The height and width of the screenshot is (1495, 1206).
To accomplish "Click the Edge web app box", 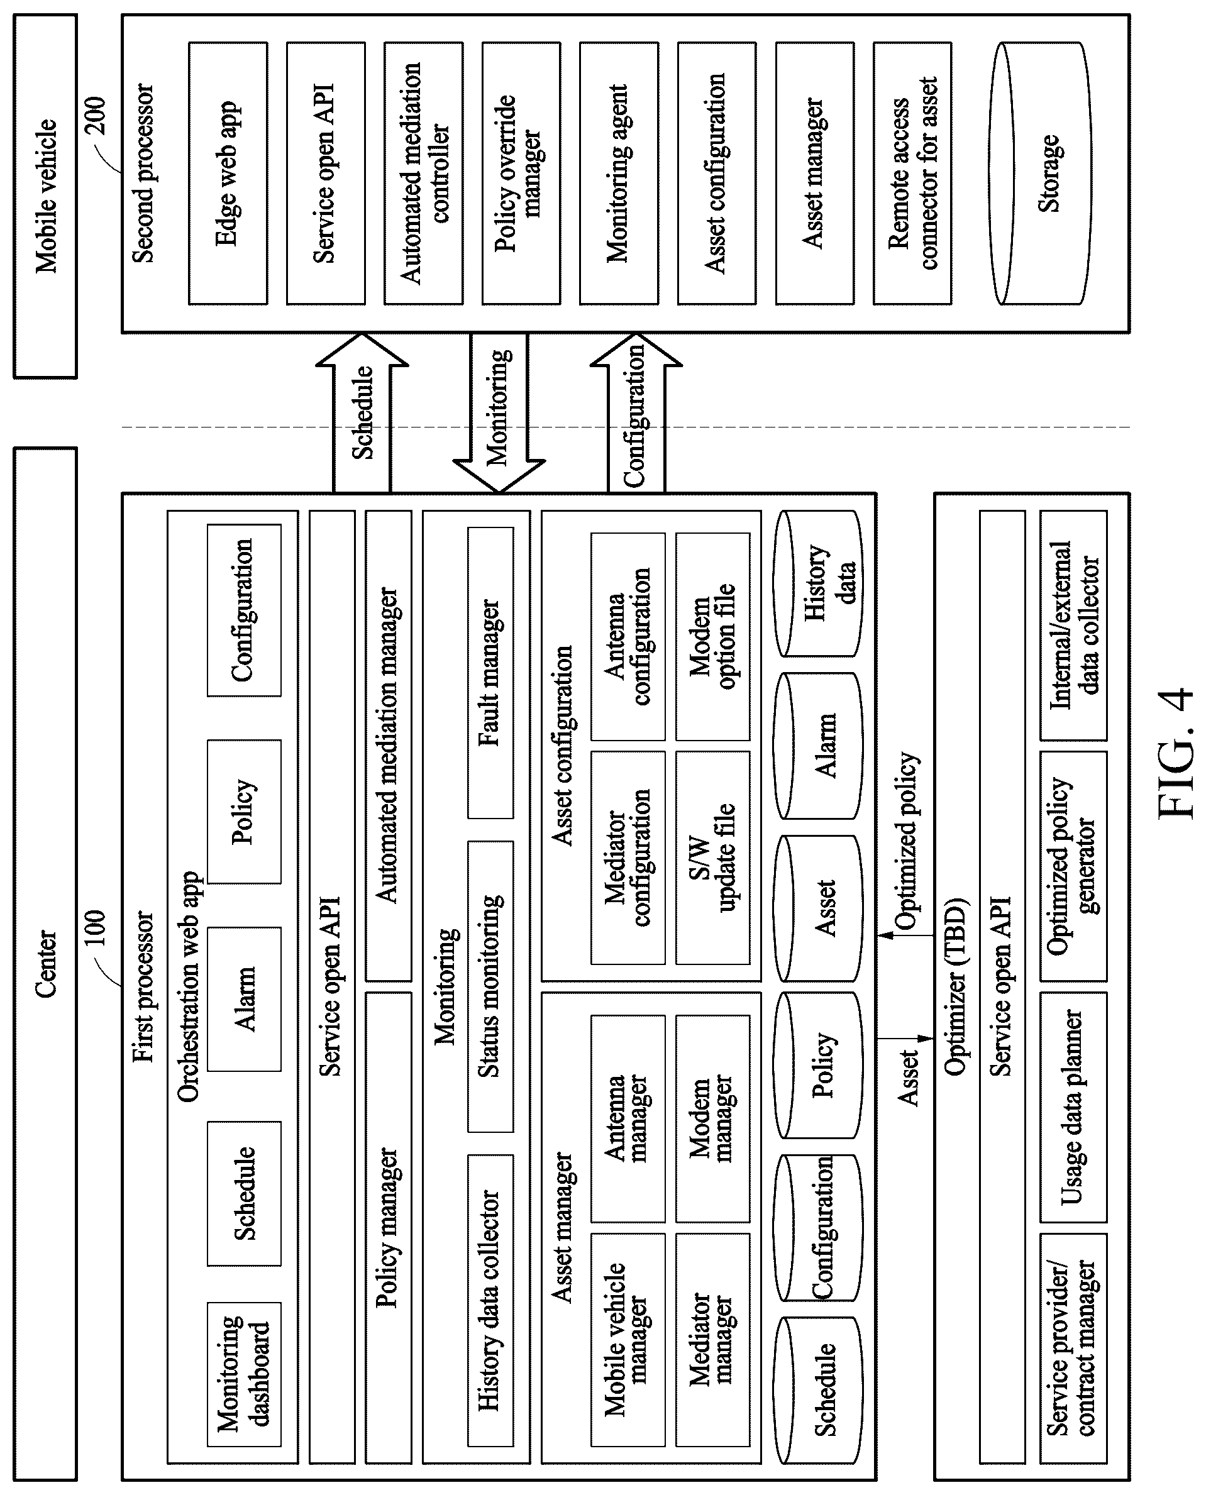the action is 228,174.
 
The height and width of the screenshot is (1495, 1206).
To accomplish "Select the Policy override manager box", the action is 521,174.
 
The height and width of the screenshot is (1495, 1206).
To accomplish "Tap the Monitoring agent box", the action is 619,174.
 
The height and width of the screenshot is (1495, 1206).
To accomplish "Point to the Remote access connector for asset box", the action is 912,174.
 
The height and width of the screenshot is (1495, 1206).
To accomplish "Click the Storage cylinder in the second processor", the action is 1041,174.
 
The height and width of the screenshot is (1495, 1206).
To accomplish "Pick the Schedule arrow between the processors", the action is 362,412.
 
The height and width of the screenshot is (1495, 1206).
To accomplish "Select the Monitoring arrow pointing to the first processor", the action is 499,412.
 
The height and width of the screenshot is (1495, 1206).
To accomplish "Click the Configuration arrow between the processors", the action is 636,412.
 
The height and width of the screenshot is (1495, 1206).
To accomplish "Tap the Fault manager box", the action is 490,673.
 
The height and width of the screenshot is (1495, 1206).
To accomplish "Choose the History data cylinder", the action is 819,583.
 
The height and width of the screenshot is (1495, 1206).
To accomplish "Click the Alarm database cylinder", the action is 819,746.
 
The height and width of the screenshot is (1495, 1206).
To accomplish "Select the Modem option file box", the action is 713,636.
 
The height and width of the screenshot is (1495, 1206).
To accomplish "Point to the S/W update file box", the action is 713,858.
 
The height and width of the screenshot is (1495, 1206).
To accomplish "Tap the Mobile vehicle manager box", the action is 628,1339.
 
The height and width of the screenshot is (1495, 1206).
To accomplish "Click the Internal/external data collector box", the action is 1073,626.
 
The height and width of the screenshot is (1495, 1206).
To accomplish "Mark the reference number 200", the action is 95,116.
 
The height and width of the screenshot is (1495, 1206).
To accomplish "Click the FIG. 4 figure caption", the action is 1175,753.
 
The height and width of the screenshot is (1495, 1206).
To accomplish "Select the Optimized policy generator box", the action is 1073,866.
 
